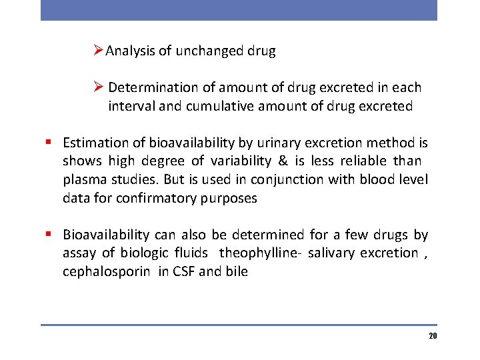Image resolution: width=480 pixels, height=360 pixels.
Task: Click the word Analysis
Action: tap(129, 51)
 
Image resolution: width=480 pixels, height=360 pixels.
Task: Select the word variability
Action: tap(240, 161)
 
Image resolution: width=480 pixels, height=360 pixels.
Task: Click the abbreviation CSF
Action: tap(183, 271)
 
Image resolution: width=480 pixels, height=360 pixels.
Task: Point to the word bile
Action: tap(236, 271)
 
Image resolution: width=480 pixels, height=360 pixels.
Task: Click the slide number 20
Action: tap(433, 336)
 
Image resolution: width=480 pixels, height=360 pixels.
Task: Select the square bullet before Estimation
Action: tap(49, 143)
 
